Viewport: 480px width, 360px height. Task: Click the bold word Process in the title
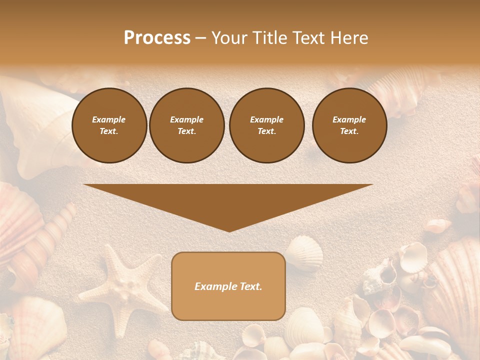[157, 38]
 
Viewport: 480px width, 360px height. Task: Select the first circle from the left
[109, 125]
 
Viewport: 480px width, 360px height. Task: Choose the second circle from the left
[187, 125]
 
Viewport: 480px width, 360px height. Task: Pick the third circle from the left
[267, 125]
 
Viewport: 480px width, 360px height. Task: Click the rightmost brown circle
[349, 125]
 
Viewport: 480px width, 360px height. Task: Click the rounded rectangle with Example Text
[228, 286]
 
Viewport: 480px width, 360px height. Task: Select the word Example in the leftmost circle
[109, 119]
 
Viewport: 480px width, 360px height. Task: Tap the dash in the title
[200, 38]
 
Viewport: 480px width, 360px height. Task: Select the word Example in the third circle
[267, 119]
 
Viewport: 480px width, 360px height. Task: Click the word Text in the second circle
[186, 131]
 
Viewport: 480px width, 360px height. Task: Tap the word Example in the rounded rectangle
[216, 286]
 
